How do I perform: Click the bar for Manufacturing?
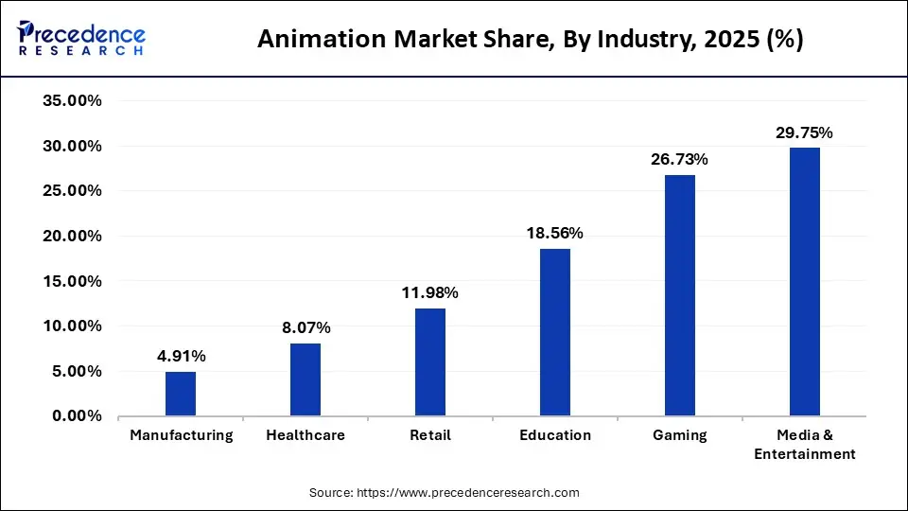[x=181, y=394]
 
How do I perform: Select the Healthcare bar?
[x=306, y=379]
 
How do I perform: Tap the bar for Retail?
[x=430, y=362]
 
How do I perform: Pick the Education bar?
[x=555, y=332]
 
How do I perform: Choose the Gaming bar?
[x=680, y=295]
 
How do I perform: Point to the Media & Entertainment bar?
[x=805, y=282]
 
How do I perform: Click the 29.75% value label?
[x=805, y=133]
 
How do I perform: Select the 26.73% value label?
[x=680, y=159]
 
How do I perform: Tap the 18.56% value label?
[x=555, y=233]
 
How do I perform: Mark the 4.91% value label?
[x=181, y=356]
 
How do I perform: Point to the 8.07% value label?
[x=306, y=328]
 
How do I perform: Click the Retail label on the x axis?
[x=430, y=435]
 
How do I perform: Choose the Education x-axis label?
[x=555, y=435]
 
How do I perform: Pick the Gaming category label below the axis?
[x=680, y=435]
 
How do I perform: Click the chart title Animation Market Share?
[x=531, y=41]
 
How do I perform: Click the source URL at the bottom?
[x=444, y=493]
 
